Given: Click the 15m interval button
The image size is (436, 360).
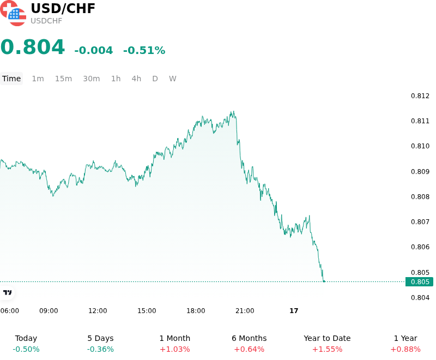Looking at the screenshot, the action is click(x=63, y=79).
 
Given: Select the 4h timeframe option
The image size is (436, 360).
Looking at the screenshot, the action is click(x=136, y=79).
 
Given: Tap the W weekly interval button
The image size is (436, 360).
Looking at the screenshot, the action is click(x=172, y=79).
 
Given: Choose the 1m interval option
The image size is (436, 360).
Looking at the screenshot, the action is click(x=38, y=79).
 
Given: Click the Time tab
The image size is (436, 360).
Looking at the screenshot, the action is click(x=11, y=79).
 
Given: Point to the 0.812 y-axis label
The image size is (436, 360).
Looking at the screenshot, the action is click(x=420, y=96).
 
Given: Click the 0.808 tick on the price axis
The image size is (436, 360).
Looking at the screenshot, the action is click(x=420, y=197).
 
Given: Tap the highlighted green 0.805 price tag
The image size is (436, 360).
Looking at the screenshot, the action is click(x=419, y=282).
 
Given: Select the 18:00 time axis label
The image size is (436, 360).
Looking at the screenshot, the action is click(x=196, y=311).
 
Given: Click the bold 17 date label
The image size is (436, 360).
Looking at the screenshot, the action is click(x=294, y=311).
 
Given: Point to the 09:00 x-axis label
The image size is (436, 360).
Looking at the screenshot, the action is click(x=49, y=311).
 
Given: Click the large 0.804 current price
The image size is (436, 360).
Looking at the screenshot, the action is click(x=33, y=47).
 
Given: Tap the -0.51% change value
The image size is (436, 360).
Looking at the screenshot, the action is click(x=144, y=50).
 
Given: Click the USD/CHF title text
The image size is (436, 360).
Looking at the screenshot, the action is click(x=63, y=8).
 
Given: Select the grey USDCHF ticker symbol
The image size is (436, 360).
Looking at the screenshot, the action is click(x=46, y=21).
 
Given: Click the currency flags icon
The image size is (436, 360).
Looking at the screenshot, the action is click(x=13, y=13).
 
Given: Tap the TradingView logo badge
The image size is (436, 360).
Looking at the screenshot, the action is click(x=7, y=292).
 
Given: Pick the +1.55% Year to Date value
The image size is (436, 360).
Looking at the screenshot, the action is click(x=327, y=349).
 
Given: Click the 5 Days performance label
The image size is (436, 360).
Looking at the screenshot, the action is click(x=100, y=338).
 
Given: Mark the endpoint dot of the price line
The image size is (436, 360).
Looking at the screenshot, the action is click(x=324, y=281).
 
